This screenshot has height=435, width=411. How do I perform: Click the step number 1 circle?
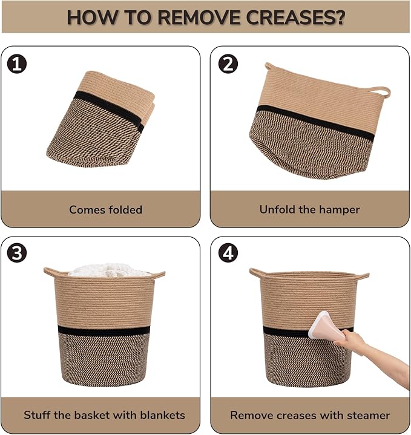click(17, 64)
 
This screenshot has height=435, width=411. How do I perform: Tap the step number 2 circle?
click(228, 64)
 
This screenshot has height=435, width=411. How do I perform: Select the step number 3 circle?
click(17, 253)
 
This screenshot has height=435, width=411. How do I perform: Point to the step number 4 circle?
click(228, 253)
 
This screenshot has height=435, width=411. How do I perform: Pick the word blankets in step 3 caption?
click(162, 415)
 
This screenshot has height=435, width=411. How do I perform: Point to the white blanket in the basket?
click(110, 270)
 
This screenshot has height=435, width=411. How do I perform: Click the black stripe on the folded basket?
click(109, 109)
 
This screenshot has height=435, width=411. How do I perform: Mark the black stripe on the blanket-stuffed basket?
click(104, 330)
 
